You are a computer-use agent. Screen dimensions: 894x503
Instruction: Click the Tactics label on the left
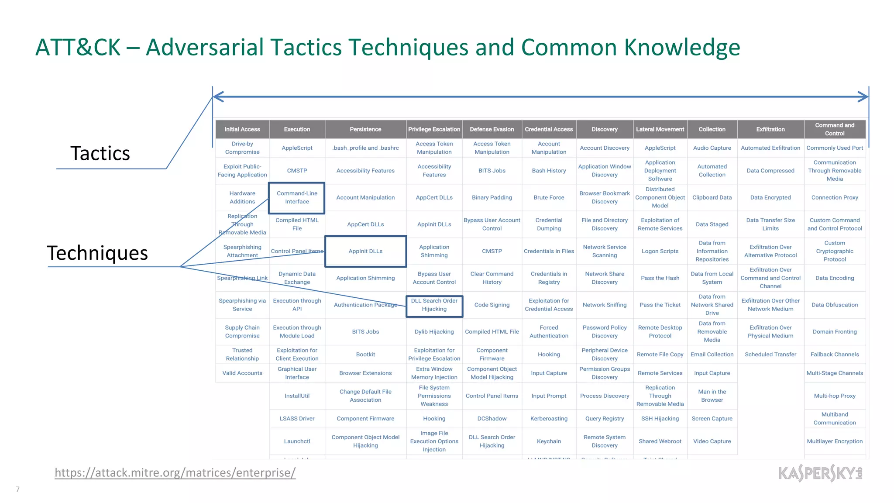(x=100, y=153)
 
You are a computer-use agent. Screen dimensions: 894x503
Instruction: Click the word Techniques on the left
(x=97, y=253)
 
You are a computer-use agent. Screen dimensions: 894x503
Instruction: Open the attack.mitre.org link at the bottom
(x=175, y=472)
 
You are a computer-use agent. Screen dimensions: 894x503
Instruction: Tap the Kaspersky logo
(x=820, y=473)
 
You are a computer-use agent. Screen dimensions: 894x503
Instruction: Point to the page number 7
(x=17, y=489)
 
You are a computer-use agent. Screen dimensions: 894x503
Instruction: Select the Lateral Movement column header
(x=660, y=129)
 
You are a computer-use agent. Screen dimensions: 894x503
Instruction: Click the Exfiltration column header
(x=770, y=129)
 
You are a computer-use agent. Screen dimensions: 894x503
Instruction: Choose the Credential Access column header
(x=548, y=129)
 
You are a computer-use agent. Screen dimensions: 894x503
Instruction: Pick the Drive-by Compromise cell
(x=242, y=148)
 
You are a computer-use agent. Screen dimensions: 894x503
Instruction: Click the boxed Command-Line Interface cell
(x=297, y=197)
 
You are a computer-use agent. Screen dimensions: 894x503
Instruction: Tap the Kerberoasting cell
(x=549, y=418)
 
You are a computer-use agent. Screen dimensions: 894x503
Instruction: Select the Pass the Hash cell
(x=660, y=278)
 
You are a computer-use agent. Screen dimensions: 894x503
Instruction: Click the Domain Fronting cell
(x=834, y=331)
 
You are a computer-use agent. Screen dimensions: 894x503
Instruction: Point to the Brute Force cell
(x=549, y=197)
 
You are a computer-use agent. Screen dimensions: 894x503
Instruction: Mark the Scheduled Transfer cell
(x=770, y=354)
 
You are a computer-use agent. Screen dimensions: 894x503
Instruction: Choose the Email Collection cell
(x=712, y=354)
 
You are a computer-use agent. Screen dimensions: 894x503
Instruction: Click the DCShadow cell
(x=492, y=418)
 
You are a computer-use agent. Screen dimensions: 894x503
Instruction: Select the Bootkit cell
(x=365, y=354)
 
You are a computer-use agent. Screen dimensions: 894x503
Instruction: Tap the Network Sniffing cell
(x=604, y=305)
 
